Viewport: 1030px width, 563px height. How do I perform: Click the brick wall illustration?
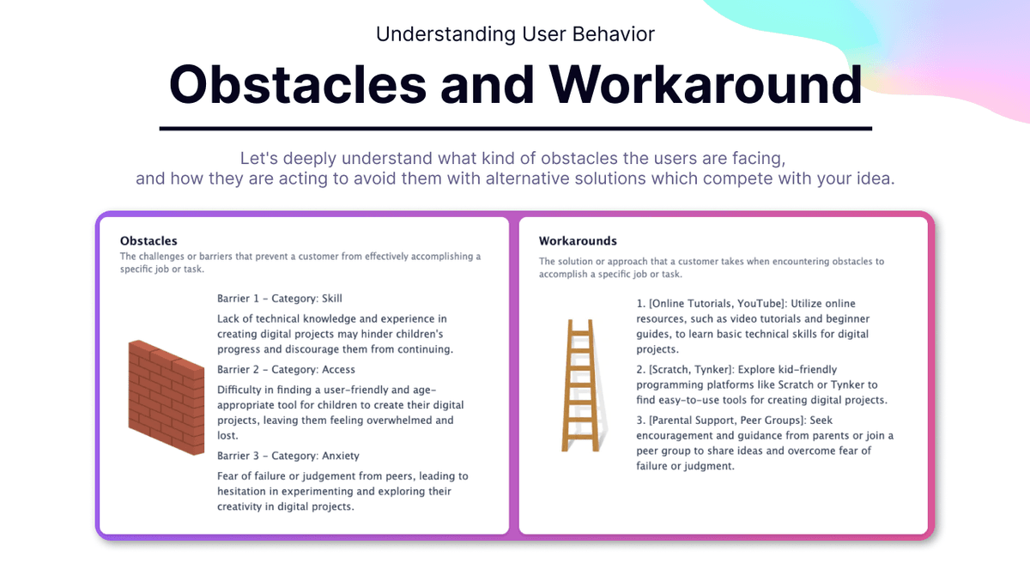click(166, 397)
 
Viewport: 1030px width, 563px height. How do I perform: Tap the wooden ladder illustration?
click(581, 385)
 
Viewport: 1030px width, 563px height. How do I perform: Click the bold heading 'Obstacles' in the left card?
click(148, 241)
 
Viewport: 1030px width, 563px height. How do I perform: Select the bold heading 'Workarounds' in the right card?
click(578, 241)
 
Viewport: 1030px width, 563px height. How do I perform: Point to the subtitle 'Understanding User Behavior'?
click(515, 34)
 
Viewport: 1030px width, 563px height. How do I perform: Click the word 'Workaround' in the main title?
click(706, 84)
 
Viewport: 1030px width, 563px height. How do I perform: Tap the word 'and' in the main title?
click(488, 84)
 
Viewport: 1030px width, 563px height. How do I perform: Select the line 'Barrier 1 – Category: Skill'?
click(280, 299)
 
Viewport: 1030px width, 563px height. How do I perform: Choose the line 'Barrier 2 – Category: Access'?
click(286, 370)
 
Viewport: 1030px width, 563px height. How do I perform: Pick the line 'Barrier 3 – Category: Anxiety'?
click(288, 456)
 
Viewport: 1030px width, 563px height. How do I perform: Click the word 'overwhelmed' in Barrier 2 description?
click(396, 420)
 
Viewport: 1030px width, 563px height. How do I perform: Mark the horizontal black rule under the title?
click(516, 129)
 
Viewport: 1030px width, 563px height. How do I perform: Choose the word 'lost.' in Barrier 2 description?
click(227, 435)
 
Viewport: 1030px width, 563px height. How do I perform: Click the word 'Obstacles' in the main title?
click(298, 84)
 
